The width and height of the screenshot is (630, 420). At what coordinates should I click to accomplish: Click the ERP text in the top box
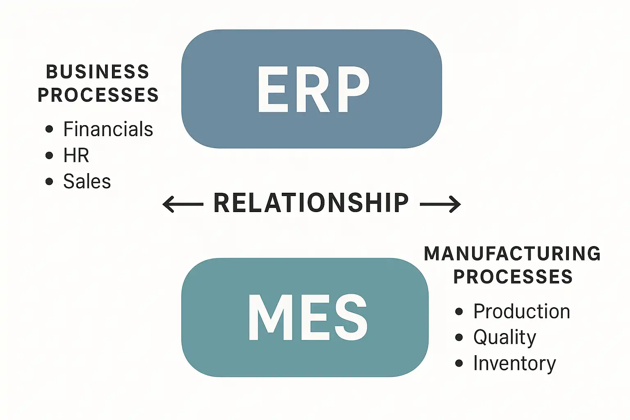[x=313, y=90]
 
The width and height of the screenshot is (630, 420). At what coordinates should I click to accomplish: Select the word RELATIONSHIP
[x=311, y=203]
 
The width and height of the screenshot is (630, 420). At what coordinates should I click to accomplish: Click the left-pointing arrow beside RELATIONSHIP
[x=183, y=204]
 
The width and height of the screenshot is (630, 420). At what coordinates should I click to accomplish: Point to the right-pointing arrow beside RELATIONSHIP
[x=441, y=204]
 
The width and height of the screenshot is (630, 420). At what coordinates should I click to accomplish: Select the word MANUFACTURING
[x=512, y=253]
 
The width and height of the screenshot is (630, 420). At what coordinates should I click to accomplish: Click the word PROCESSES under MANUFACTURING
[x=513, y=276]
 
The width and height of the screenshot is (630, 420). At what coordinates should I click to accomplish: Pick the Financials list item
[x=108, y=129]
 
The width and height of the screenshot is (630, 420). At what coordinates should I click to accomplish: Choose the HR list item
[x=76, y=155]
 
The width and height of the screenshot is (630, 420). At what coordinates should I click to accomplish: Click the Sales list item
[x=87, y=181]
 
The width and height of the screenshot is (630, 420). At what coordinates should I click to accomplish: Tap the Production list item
[x=522, y=311]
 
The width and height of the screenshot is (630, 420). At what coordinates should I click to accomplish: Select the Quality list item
[x=505, y=337]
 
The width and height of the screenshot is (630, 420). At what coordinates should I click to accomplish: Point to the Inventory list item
[x=515, y=363]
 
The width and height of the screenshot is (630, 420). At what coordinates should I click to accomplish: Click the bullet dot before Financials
[x=49, y=129]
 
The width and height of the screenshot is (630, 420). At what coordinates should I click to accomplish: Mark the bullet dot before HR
[x=49, y=155]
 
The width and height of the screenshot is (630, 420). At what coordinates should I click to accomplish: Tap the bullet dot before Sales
[x=49, y=181]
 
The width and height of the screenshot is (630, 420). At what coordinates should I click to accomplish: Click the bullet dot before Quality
[x=459, y=337]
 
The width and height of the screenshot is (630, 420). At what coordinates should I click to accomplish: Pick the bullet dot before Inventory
[x=459, y=363]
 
